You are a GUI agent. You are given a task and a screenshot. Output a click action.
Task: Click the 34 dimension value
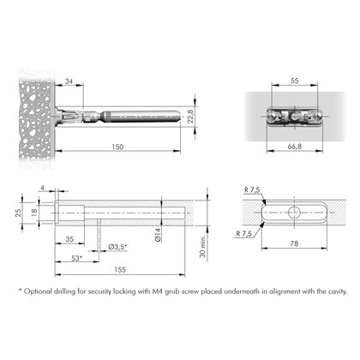point(69,81)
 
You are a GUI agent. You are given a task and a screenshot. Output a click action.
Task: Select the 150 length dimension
point(117,147)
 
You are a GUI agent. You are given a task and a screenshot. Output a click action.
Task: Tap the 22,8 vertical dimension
point(190,117)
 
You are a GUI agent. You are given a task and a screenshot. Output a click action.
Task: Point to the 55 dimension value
point(295,81)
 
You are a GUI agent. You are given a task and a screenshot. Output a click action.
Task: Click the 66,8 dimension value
point(295,147)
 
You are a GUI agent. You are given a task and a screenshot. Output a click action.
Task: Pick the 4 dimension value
point(43,188)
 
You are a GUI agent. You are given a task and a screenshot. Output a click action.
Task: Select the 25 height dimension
point(18,213)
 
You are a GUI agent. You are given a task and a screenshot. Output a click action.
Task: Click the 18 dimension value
point(34,212)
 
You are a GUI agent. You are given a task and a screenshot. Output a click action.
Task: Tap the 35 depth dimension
point(69,239)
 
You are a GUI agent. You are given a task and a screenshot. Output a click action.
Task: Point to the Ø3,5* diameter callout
point(117,247)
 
